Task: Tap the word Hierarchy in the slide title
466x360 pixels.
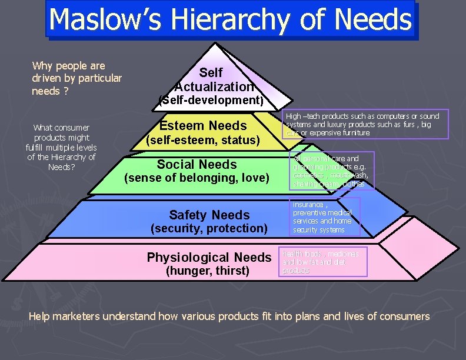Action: pyautogui.click(x=238, y=20)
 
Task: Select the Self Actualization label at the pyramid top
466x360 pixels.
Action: pyautogui.click(x=211, y=80)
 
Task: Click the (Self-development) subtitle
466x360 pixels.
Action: pyautogui.click(x=211, y=100)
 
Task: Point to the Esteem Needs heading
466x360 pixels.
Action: pyautogui.click(x=203, y=125)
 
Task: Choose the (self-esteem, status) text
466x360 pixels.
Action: pyautogui.click(x=203, y=140)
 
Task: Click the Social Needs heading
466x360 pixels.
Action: pyautogui.click(x=197, y=165)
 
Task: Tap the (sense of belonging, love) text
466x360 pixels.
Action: pyautogui.click(x=197, y=178)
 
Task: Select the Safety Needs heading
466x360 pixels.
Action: pyautogui.click(x=209, y=215)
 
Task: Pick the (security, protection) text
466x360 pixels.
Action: pyautogui.click(x=209, y=228)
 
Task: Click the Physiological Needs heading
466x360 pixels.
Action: pyautogui.click(x=209, y=257)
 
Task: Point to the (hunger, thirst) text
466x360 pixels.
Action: pyautogui.click(x=208, y=271)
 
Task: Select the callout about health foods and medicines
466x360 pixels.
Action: pyautogui.click(x=324, y=262)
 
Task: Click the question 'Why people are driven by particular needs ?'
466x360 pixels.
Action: pyautogui.click(x=76, y=78)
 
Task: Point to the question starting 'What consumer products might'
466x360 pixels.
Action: pyautogui.click(x=61, y=146)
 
